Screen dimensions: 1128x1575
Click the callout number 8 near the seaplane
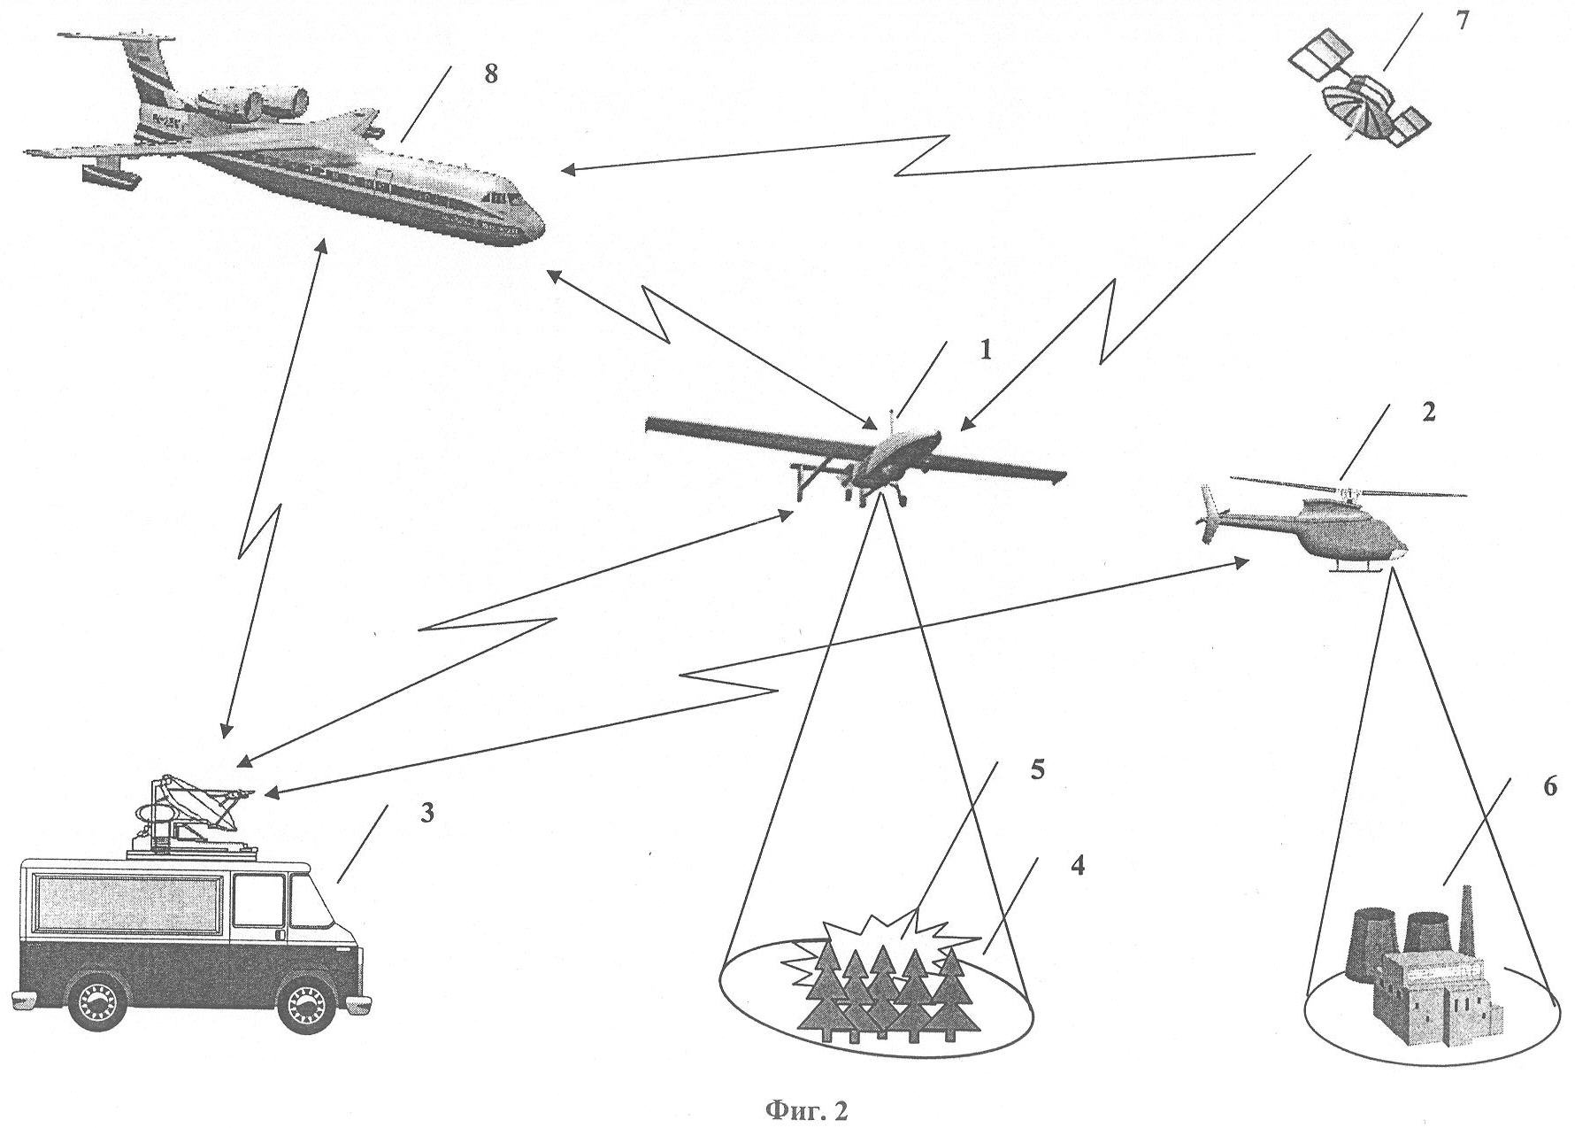pos(490,73)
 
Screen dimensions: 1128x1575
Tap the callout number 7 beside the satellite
pos(1461,20)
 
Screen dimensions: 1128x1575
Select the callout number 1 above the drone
pos(985,351)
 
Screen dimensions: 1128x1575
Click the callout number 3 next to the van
pos(426,814)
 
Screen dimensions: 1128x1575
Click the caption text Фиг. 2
pos(804,1110)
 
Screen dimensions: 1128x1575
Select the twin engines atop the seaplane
pos(252,102)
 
